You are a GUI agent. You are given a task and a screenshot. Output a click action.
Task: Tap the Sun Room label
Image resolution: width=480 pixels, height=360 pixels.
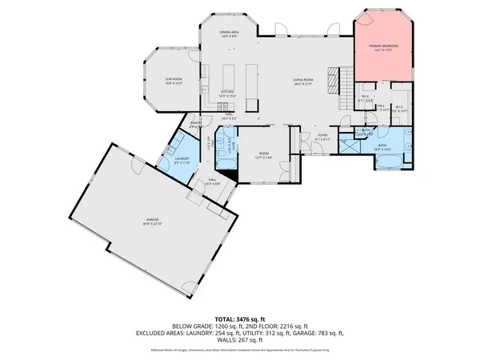174,79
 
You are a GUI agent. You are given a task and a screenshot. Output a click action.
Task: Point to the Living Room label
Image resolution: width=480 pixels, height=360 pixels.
302,80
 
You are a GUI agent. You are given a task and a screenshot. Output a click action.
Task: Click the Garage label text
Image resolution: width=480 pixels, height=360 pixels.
152,219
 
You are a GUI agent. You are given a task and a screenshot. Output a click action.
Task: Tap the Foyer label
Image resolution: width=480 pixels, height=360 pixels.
322,135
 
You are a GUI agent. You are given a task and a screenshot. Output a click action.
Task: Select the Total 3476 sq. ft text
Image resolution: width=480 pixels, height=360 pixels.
239,318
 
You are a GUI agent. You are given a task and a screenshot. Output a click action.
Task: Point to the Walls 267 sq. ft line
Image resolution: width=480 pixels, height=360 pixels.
239,339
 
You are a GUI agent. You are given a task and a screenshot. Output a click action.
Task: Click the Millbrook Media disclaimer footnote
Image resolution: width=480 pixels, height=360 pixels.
239,350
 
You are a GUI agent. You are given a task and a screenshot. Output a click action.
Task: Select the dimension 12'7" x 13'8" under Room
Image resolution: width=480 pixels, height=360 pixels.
263,158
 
